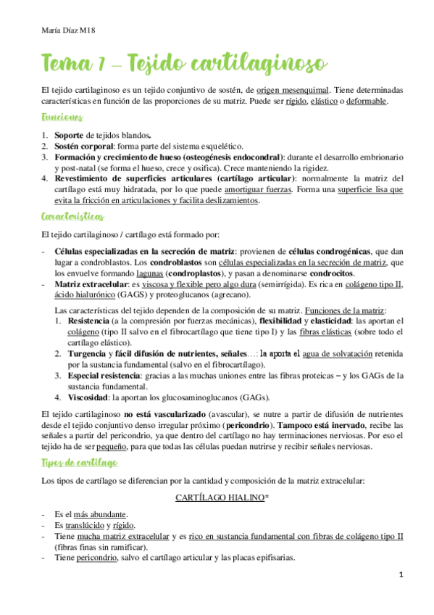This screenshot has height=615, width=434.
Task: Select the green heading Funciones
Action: [x=62, y=117]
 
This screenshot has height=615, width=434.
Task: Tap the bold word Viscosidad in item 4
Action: [x=86, y=397]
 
